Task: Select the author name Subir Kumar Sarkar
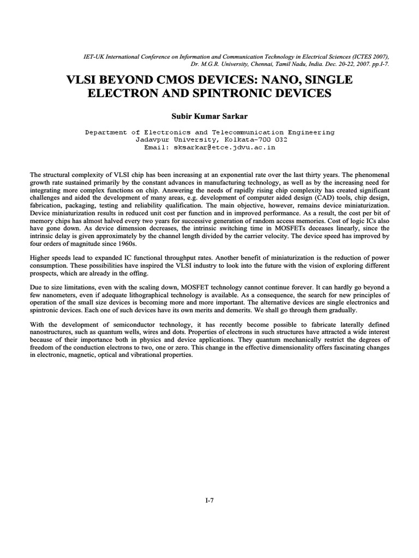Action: tap(209, 116)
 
